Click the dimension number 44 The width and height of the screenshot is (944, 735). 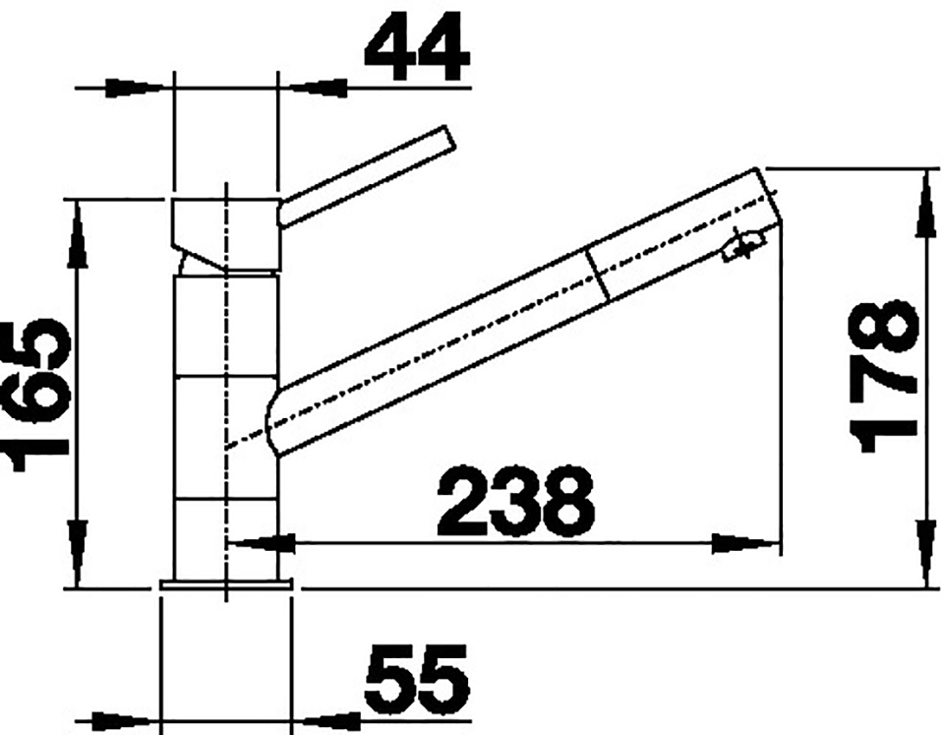coord(416,46)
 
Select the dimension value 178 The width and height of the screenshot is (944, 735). coord(883,377)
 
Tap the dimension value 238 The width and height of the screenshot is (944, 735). coord(516,501)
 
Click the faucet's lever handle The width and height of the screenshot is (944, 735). coord(366,175)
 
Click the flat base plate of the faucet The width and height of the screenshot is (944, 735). coord(225,585)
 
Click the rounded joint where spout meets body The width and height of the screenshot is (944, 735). coord(270,423)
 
